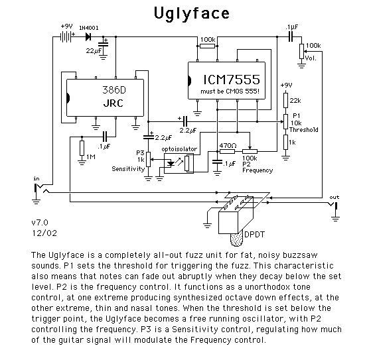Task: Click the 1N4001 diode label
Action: (x=89, y=27)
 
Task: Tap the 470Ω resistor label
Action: (x=228, y=145)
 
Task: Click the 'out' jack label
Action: (x=334, y=197)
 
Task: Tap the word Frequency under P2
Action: (x=258, y=170)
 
